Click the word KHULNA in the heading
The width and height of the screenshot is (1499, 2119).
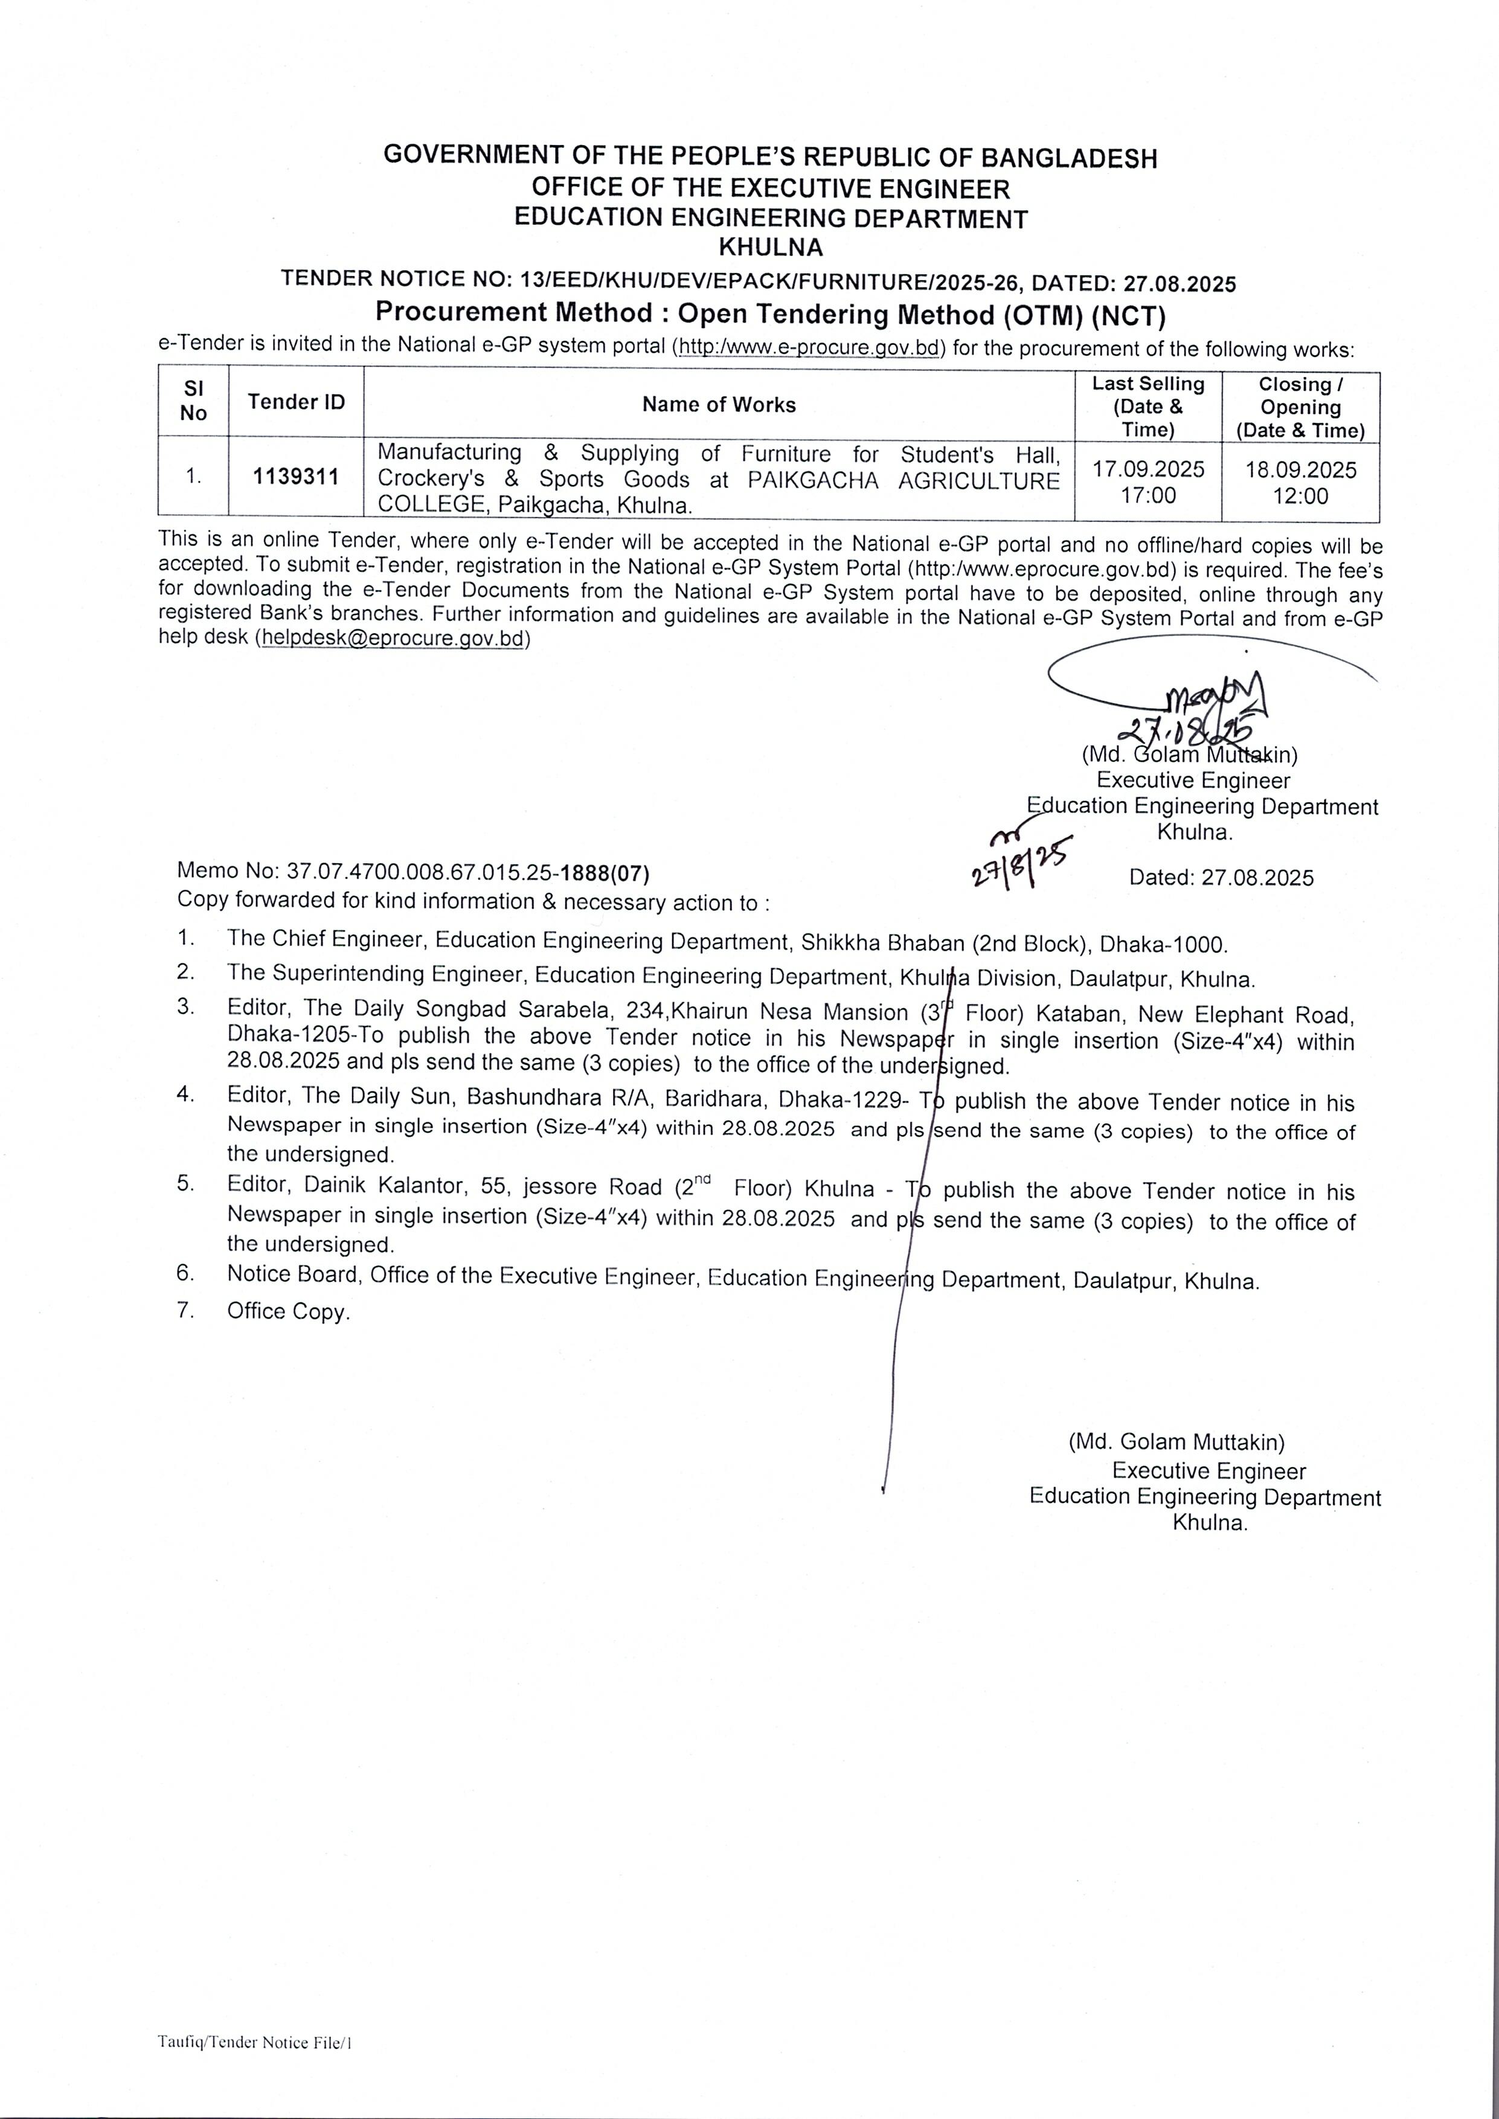point(771,247)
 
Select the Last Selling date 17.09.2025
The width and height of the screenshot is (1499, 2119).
point(1148,469)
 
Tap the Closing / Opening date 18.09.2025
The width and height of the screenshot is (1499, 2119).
point(1300,470)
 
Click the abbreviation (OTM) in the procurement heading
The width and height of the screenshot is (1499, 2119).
point(1040,317)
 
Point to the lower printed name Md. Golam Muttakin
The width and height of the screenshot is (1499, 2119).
point(1177,1442)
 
